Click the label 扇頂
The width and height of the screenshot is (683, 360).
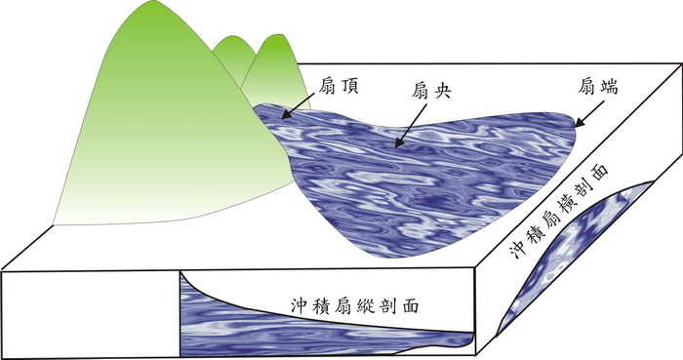(x=340, y=87)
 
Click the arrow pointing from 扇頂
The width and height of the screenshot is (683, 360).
(x=299, y=104)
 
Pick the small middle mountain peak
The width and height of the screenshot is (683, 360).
(x=231, y=41)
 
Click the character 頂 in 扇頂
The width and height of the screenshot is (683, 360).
(x=350, y=87)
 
